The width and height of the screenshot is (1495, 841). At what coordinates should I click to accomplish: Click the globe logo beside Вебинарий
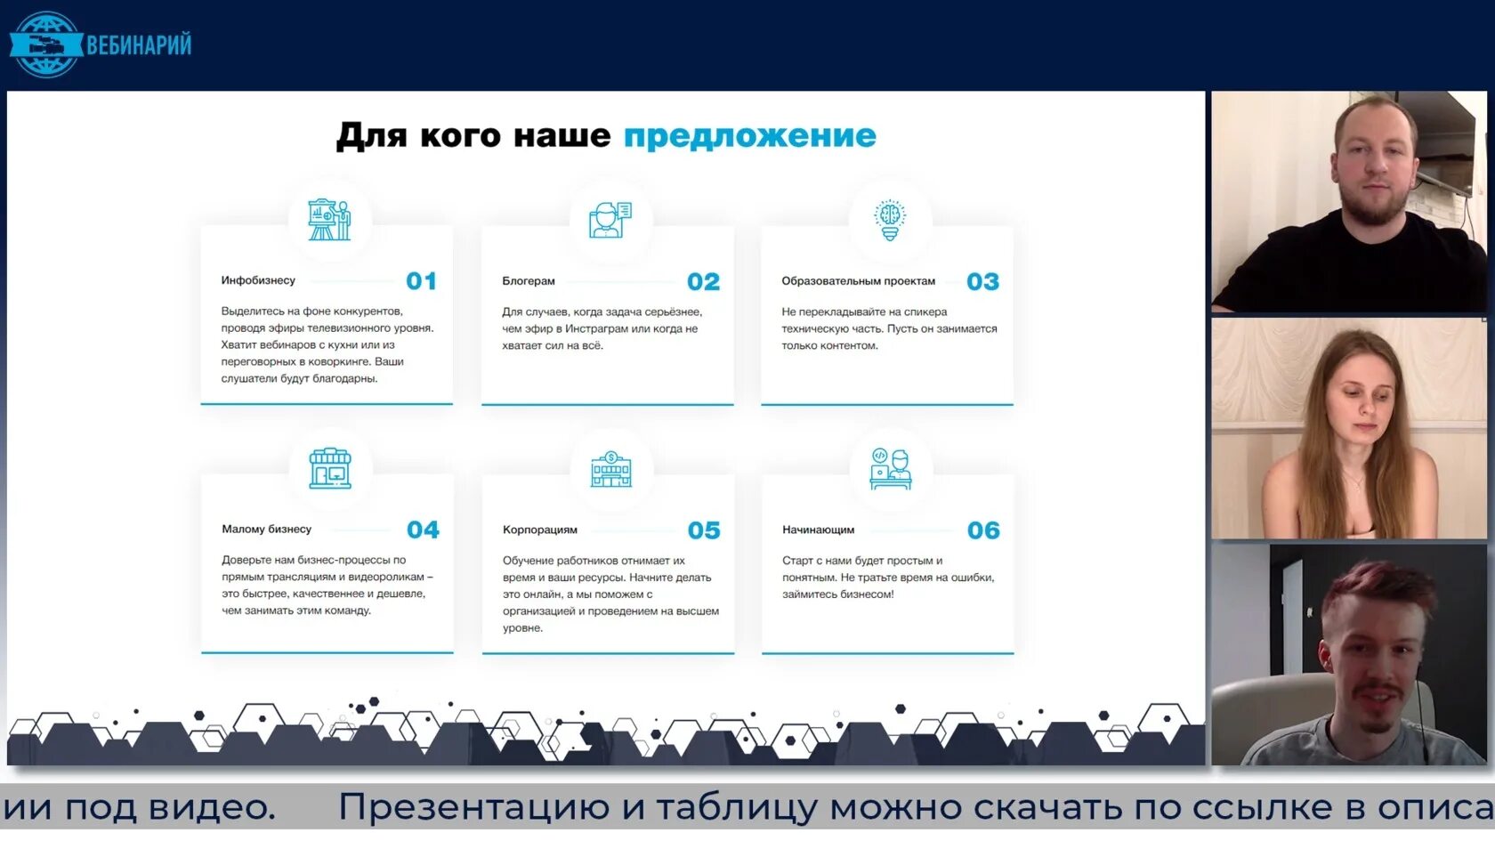click(44, 44)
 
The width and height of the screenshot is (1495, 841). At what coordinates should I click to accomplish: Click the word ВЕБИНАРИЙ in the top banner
click(139, 44)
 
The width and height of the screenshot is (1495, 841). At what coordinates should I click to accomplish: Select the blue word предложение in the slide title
click(749, 136)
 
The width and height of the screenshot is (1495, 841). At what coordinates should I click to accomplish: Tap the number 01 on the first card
click(421, 281)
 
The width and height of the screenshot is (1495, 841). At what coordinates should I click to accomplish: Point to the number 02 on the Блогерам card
click(703, 282)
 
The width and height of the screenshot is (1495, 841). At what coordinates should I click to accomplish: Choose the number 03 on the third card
click(982, 282)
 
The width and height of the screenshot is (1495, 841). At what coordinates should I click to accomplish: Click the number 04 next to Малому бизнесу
click(423, 530)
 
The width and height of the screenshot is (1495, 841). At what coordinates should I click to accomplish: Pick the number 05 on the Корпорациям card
click(704, 530)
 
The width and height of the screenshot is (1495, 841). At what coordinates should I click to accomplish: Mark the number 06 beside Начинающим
click(983, 530)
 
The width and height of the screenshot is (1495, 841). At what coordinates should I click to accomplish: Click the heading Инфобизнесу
click(258, 280)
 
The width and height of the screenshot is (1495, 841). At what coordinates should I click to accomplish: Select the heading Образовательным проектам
click(858, 281)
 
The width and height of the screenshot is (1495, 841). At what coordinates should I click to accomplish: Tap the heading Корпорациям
click(539, 530)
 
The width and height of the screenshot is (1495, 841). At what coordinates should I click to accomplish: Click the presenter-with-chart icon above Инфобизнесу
click(329, 219)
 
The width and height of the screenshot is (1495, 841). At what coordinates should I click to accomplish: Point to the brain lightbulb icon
click(889, 220)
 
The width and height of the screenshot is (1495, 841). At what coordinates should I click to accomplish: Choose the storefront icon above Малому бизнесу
click(330, 468)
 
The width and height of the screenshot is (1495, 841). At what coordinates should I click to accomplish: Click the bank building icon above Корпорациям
click(610, 469)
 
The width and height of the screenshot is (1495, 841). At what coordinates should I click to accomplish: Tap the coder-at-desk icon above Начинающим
click(890, 469)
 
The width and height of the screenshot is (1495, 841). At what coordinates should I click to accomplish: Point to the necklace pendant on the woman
click(1354, 486)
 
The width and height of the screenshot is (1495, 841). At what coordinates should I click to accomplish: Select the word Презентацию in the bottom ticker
click(474, 808)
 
